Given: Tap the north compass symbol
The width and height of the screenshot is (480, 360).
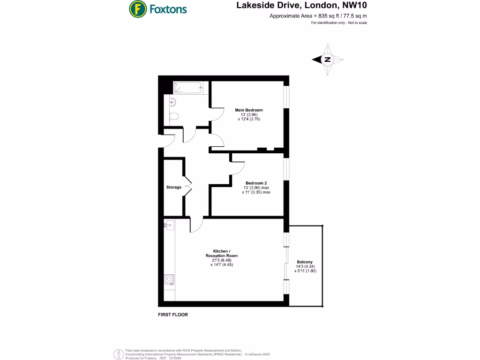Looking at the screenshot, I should [x=328, y=60].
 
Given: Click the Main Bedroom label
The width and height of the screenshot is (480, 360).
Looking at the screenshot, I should [x=249, y=110].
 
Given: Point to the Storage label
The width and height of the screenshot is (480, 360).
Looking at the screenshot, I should [x=173, y=187].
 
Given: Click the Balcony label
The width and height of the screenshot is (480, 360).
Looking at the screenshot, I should [x=305, y=262].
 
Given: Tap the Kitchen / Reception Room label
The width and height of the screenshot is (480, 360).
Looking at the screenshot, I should [x=222, y=253].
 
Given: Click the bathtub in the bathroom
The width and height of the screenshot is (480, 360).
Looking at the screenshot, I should [x=187, y=88].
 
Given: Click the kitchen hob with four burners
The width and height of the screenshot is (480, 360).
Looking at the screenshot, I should [x=169, y=280].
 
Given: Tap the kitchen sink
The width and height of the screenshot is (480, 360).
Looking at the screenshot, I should [x=169, y=225].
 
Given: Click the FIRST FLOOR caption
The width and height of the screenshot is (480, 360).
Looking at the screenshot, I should [x=173, y=315].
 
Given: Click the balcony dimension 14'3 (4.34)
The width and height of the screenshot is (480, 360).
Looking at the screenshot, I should [x=305, y=267].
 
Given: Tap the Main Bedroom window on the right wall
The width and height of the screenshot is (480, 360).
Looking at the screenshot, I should [x=286, y=96].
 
